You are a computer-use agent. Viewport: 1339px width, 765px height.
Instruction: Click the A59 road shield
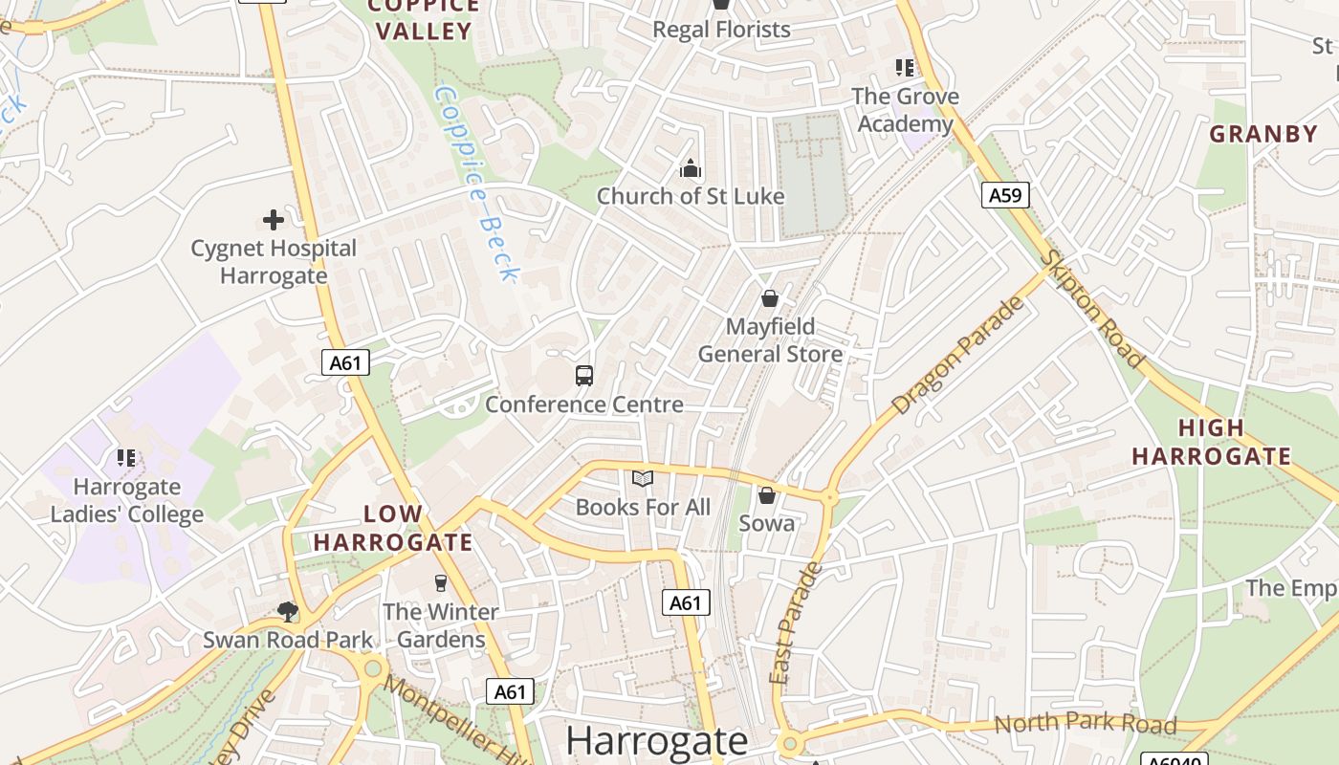pyautogui.click(x=1004, y=196)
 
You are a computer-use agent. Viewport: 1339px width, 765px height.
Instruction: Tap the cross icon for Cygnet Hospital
pyautogui.click(x=274, y=220)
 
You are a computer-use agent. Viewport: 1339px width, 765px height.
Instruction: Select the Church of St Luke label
pyautogui.click(x=691, y=196)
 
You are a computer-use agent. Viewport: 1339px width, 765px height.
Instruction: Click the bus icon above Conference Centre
pyautogui.click(x=584, y=376)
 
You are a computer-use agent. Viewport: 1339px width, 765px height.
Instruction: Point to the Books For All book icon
pyautogui.click(x=643, y=479)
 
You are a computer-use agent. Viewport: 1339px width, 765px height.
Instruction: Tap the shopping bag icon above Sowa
pyautogui.click(x=767, y=495)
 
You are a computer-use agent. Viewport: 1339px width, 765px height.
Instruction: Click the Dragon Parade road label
pyautogui.click(x=957, y=356)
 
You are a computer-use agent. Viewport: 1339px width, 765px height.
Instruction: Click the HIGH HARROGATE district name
pyautogui.click(x=1212, y=442)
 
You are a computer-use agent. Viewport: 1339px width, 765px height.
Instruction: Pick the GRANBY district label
pyautogui.click(x=1263, y=134)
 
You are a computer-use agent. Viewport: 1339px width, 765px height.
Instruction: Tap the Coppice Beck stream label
pyautogui.click(x=475, y=185)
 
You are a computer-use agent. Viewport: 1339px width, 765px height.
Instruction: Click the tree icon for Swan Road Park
pyautogui.click(x=287, y=612)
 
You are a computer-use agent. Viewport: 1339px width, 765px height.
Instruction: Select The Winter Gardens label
pyautogui.click(x=441, y=625)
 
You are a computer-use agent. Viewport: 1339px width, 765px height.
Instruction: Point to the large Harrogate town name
pyautogui.click(x=656, y=741)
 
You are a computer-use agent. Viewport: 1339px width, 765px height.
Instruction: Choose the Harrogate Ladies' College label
pyautogui.click(x=127, y=500)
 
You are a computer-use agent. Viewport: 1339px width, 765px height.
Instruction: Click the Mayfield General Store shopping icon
pyautogui.click(x=770, y=298)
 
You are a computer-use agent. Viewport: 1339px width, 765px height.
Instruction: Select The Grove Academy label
pyautogui.click(x=905, y=110)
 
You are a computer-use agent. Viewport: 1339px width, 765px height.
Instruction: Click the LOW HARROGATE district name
pyautogui.click(x=393, y=528)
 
